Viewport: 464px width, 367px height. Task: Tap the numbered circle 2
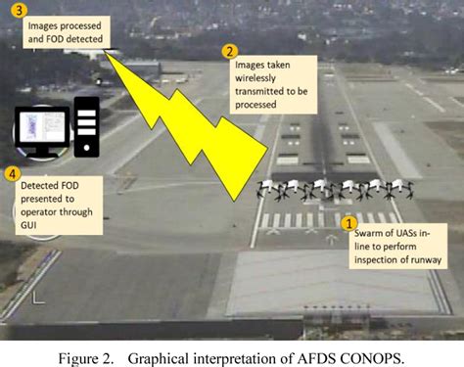pos(230,52)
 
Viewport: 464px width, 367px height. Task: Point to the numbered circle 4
pos(13,175)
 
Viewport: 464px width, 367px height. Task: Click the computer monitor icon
pos(41,132)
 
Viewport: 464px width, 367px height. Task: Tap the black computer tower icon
pos(86,124)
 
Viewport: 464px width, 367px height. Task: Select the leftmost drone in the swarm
pos(269,190)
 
